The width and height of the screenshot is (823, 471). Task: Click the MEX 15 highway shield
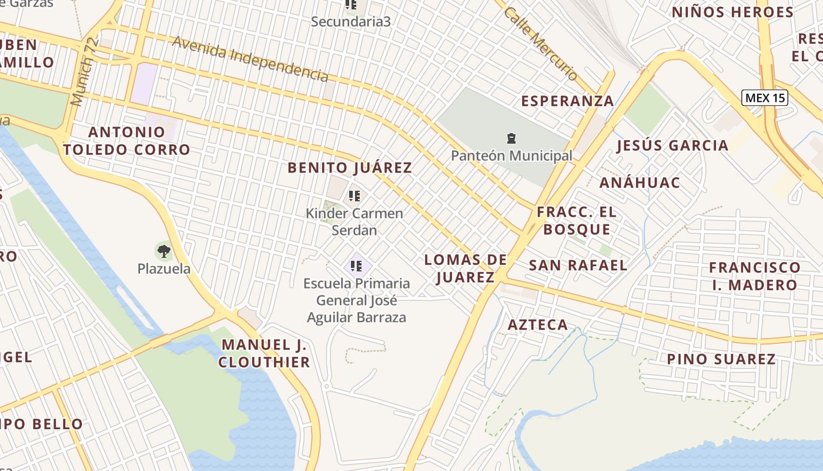point(764,98)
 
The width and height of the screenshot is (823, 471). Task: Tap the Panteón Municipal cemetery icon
point(511,138)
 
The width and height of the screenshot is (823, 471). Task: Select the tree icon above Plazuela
point(164,252)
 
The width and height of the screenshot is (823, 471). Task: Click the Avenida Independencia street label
point(250,58)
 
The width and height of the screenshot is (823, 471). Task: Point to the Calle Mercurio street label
point(540,44)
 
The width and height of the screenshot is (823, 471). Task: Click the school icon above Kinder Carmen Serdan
point(354,195)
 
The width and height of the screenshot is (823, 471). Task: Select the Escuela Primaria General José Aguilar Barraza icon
point(356,266)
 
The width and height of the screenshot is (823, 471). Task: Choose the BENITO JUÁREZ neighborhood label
point(350,168)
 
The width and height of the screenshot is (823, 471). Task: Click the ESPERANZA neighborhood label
point(567,101)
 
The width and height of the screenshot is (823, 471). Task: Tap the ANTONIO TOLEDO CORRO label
point(126,141)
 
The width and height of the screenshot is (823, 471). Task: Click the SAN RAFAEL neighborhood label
point(578,265)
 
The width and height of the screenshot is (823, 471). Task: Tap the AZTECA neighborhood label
point(537,324)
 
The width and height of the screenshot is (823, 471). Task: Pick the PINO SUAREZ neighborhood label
point(721,359)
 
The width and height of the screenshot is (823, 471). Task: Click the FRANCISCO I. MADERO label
point(754,276)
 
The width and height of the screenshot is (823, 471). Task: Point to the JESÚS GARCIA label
point(672,145)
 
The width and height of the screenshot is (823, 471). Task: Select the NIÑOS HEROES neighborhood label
point(732,12)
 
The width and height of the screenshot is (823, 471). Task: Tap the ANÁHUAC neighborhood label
point(640,183)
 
